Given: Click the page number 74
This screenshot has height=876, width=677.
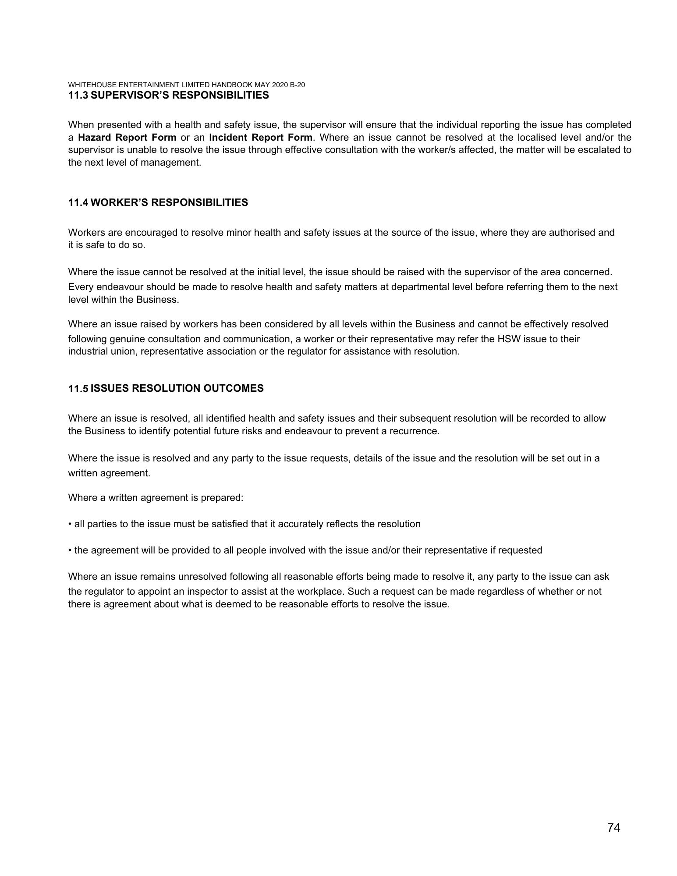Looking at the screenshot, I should point(613,827).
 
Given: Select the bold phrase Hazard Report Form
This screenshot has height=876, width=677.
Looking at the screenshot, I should point(127,137).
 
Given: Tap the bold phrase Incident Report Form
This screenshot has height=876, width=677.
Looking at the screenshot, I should point(261,137).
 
